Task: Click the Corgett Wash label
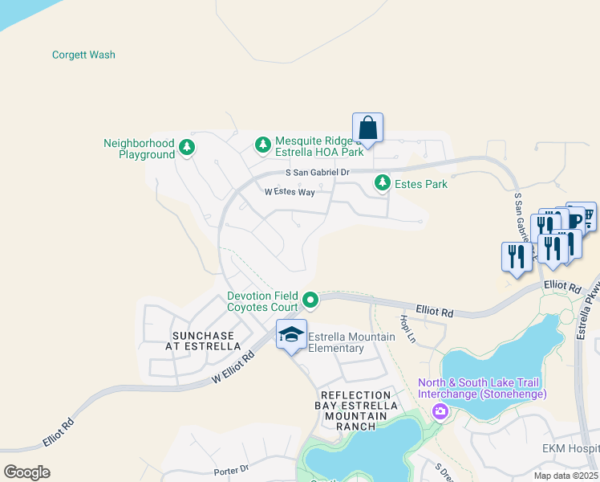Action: tap(83, 55)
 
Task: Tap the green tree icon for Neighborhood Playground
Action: tap(187, 146)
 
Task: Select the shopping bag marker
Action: tap(367, 129)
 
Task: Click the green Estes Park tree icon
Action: tap(383, 184)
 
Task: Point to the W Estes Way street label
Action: tap(290, 192)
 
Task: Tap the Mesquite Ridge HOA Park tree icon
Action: tap(262, 145)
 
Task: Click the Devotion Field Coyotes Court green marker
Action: tap(311, 301)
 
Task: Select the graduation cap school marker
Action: tap(291, 334)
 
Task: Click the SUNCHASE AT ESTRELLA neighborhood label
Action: tap(204, 341)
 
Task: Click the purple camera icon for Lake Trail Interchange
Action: tap(440, 412)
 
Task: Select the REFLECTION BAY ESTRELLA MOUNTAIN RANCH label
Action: tap(358, 411)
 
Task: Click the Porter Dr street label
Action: tap(231, 471)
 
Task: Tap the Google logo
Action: tap(26, 472)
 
